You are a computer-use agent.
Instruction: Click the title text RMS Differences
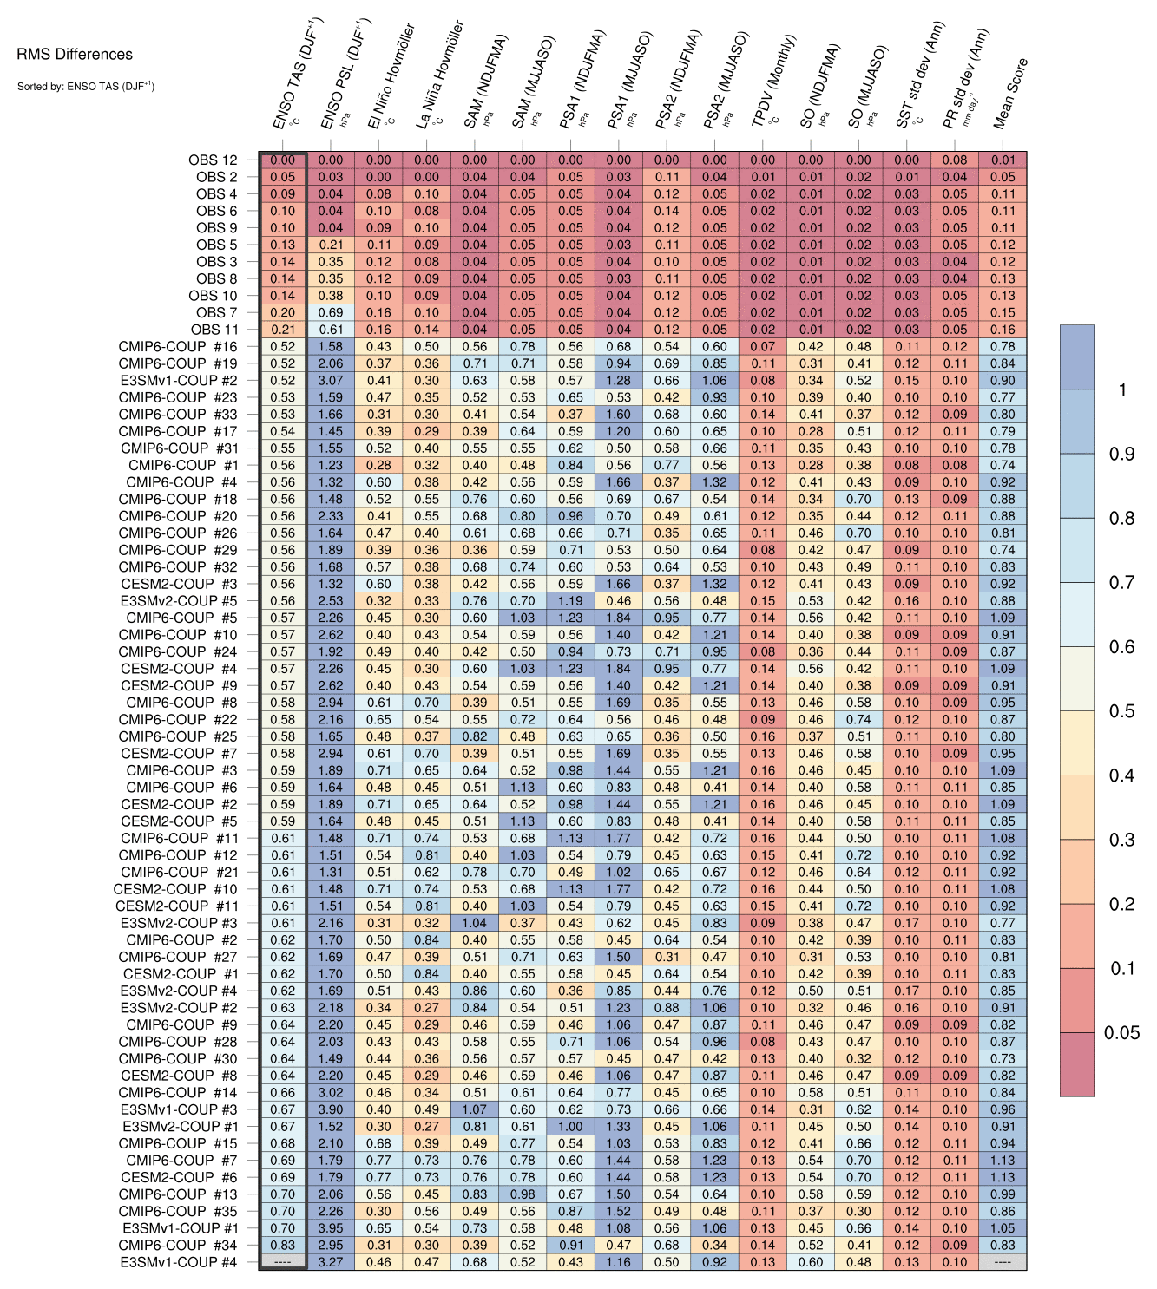click(75, 54)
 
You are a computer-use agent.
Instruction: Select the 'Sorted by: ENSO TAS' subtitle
click(85, 86)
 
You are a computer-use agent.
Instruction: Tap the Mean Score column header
click(1010, 94)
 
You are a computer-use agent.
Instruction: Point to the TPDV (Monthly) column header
click(773, 82)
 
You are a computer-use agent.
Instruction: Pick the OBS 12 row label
click(213, 160)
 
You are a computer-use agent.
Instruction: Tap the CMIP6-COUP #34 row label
click(178, 1245)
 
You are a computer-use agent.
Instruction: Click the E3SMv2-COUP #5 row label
click(179, 600)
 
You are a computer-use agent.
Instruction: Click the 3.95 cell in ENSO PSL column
click(331, 1228)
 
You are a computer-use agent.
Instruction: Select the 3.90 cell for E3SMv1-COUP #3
click(331, 1109)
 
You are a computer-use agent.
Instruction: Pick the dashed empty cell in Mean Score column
click(1003, 1262)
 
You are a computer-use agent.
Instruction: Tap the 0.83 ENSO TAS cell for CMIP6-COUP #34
click(282, 1245)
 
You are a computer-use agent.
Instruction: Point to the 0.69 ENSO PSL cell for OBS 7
click(331, 312)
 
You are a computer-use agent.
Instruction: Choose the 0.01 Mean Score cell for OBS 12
click(1003, 160)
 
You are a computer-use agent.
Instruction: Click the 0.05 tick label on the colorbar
click(1121, 1032)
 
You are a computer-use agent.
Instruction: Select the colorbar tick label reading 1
click(1122, 389)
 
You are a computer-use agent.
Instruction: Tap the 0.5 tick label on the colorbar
click(1121, 711)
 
